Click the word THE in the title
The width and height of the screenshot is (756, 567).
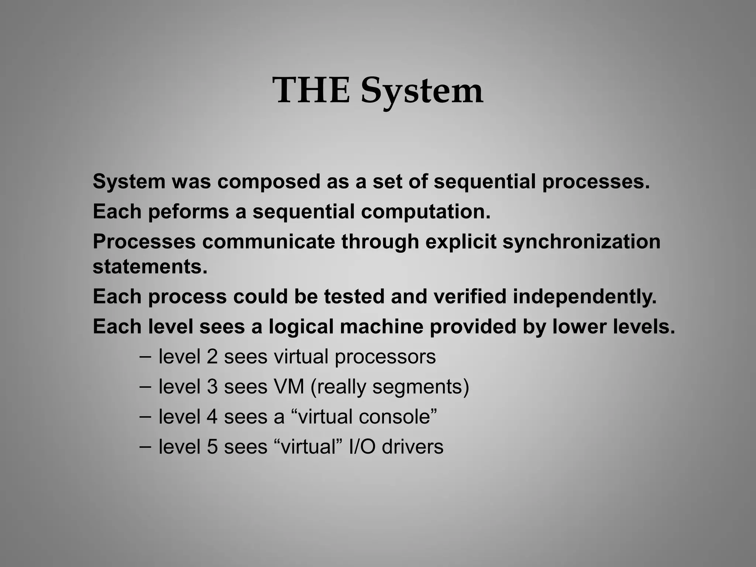tap(311, 90)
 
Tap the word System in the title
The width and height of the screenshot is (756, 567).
tap(422, 92)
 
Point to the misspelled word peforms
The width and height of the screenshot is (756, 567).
tap(188, 212)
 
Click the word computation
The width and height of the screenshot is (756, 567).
tap(426, 212)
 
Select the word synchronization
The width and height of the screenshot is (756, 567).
tap(581, 242)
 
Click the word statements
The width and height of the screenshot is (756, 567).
tap(150, 267)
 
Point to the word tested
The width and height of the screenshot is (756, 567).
tap(354, 297)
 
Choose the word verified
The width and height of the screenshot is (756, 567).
tap(470, 297)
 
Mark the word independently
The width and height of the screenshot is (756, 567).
tap(585, 297)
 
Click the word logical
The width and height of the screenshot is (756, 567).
tap(301, 327)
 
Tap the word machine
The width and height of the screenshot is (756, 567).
tap(382, 327)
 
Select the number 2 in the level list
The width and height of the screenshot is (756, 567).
tap(212, 357)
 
